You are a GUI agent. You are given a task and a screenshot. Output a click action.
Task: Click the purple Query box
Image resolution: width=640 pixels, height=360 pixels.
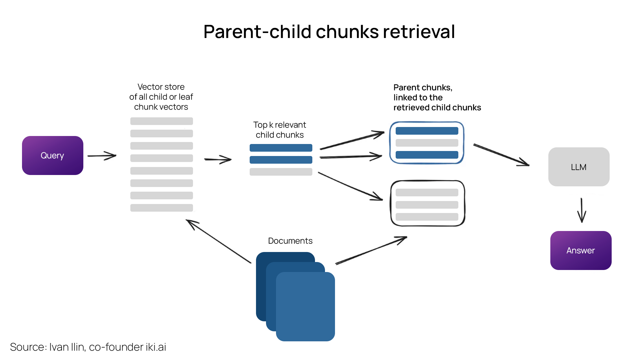[x=52, y=155]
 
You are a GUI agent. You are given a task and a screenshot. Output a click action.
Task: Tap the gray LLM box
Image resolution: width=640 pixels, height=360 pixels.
[x=579, y=167]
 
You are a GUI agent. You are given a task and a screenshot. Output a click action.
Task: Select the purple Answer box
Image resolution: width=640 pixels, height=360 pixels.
[x=581, y=250]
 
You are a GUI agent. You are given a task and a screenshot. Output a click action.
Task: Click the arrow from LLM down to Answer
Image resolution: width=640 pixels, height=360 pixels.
[x=582, y=210]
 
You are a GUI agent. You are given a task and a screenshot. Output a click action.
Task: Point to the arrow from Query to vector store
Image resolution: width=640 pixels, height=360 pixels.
[x=102, y=156]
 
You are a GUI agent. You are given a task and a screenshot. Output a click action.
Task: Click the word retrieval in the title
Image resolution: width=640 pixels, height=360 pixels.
[x=419, y=32]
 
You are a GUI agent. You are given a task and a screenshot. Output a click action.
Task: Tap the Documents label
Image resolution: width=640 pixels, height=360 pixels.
[x=290, y=241]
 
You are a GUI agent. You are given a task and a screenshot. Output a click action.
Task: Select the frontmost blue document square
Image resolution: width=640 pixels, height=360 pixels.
[x=305, y=307]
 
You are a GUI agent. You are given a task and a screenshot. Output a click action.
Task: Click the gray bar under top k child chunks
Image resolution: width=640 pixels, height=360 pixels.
[x=281, y=172]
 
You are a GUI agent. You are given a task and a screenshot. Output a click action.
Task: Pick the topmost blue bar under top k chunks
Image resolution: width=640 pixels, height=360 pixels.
[x=281, y=148]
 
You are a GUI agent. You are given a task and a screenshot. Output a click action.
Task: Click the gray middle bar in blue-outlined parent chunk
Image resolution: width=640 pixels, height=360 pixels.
[x=427, y=143]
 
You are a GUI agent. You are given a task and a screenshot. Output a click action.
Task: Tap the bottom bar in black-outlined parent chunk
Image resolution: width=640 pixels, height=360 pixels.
[x=427, y=217]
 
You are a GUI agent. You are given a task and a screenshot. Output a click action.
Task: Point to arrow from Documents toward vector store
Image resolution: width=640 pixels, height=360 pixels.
[x=218, y=241]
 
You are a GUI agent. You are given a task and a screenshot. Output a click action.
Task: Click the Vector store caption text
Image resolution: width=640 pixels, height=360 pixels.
[x=161, y=97]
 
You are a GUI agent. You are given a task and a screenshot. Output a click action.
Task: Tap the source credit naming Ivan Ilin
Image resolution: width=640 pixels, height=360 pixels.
[x=88, y=347]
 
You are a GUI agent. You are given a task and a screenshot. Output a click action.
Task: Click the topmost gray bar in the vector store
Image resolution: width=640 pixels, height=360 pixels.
[x=161, y=121]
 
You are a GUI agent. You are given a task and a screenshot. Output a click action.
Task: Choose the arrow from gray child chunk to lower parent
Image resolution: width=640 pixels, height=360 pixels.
[x=350, y=186]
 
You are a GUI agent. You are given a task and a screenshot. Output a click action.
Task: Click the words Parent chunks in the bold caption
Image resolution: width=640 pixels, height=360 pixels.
[x=422, y=87]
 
